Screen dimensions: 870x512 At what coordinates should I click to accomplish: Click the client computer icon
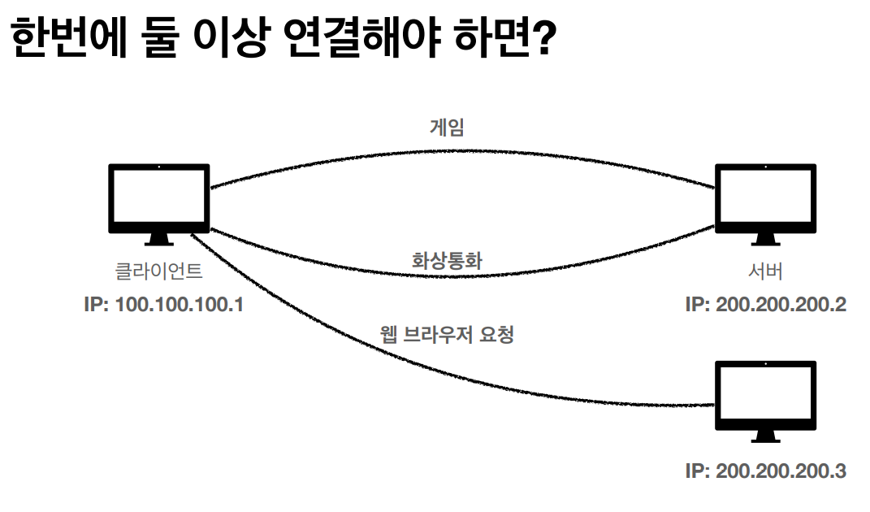coord(159,202)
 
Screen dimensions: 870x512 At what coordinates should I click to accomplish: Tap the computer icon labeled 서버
coord(765,202)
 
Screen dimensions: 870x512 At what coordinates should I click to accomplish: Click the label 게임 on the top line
coord(447,127)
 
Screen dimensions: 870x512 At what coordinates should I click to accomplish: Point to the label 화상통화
coord(448,262)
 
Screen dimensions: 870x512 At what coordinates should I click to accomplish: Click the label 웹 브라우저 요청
coord(447,334)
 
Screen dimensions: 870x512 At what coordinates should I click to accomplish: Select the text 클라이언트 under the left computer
coord(159,271)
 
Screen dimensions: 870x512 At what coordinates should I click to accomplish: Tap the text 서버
coord(765,271)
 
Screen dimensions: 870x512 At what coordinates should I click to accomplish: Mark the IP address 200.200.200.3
coord(766,471)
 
